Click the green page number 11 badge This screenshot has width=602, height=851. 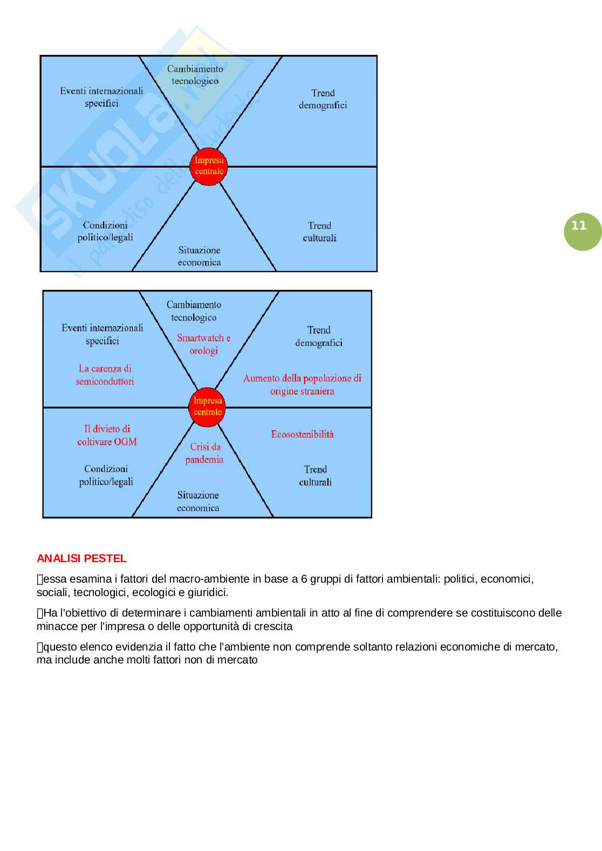579,226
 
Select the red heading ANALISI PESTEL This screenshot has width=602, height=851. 81,558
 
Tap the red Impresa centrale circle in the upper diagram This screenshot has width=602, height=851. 208,166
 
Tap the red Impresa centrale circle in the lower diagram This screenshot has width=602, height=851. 208,406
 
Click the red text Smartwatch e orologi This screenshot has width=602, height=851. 203,344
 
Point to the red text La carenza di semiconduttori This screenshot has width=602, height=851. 105,375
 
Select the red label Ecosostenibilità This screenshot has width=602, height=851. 302,434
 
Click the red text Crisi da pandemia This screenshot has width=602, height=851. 204,453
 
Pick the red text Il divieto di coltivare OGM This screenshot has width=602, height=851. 107,435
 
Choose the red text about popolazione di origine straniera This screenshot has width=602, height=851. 302,385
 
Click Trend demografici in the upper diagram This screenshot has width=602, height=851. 323,99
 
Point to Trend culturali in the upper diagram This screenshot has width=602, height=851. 319,232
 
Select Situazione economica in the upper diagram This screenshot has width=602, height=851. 200,256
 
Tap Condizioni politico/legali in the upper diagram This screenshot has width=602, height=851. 105,231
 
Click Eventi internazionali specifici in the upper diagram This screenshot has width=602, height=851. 101,97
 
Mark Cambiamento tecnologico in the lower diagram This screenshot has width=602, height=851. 194,312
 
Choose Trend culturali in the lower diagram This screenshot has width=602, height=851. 315,476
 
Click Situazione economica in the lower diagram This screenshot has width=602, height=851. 198,501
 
